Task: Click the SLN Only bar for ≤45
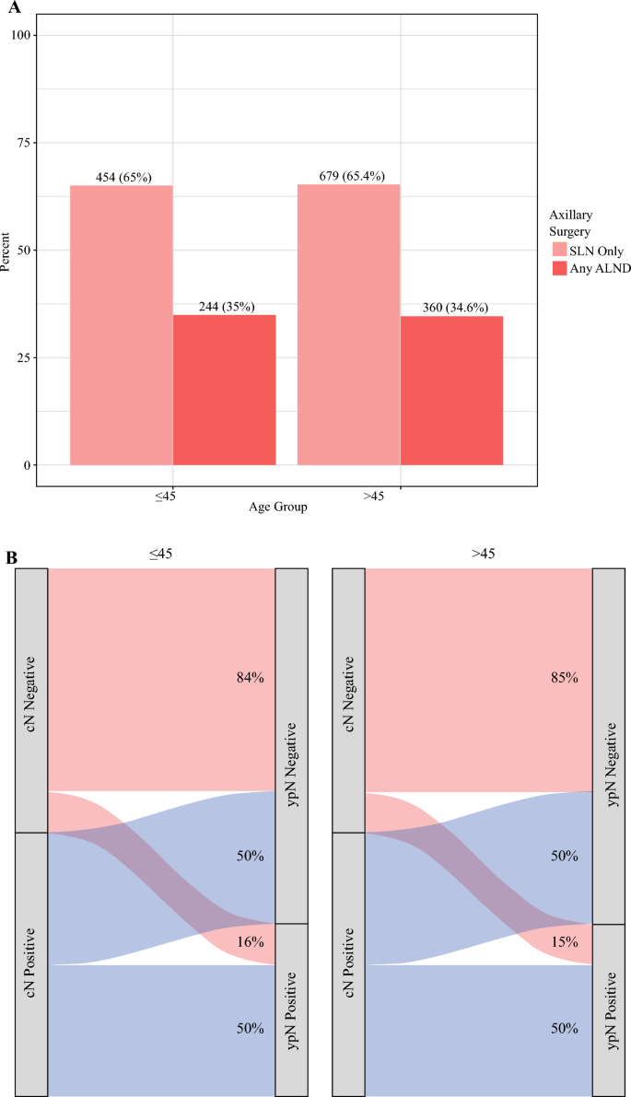[122, 325]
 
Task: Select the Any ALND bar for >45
[452, 391]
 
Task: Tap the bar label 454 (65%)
[122, 178]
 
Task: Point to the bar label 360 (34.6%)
[452, 308]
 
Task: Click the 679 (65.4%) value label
[349, 176]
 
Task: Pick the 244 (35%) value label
[224, 307]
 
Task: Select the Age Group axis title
[277, 508]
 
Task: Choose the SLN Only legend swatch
[560, 251]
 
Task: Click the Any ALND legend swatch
[560, 267]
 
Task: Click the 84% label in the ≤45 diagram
[251, 678]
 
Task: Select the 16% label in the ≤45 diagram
[251, 941]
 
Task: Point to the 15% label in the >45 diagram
[566, 941]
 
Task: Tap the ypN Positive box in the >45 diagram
[609, 1009]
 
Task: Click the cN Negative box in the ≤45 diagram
[31, 700]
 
